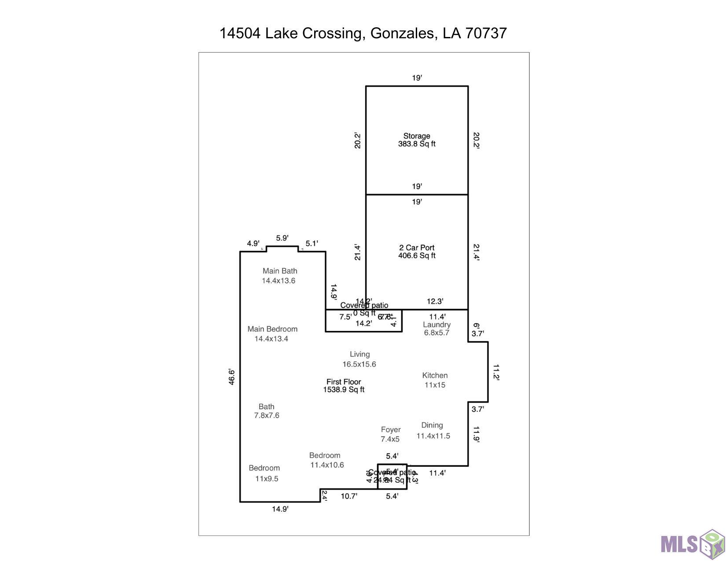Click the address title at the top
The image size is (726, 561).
[x=363, y=33]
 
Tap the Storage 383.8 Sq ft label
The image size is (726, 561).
[x=417, y=140]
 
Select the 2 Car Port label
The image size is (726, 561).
[x=417, y=252]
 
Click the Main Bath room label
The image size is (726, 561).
[x=279, y=276]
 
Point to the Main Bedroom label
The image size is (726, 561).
[x=272, y=334]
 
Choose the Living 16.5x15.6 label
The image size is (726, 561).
[x=359, y=359]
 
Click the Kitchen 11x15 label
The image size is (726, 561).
[x=435, y=380]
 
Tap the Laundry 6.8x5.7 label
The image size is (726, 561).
[x=436, y=329]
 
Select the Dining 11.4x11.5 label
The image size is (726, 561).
[x=433, y=431]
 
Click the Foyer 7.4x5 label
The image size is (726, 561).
[x=390, y=434]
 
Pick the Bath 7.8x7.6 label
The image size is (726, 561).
[x=267, y=411]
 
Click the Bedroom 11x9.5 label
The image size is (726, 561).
[x=265, y=473]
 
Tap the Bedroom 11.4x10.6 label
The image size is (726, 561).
[x=326, y=460]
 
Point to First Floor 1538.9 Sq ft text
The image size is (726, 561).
[x=344, y=385]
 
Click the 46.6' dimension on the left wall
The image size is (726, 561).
[x=231, y=377]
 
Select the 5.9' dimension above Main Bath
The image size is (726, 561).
[x=282, y=238]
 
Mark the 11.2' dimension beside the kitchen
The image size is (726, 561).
[x=496, y=372]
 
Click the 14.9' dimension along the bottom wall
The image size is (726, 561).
[x=280, y=509]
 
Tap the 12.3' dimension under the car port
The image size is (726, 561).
[x=435, y=301]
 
